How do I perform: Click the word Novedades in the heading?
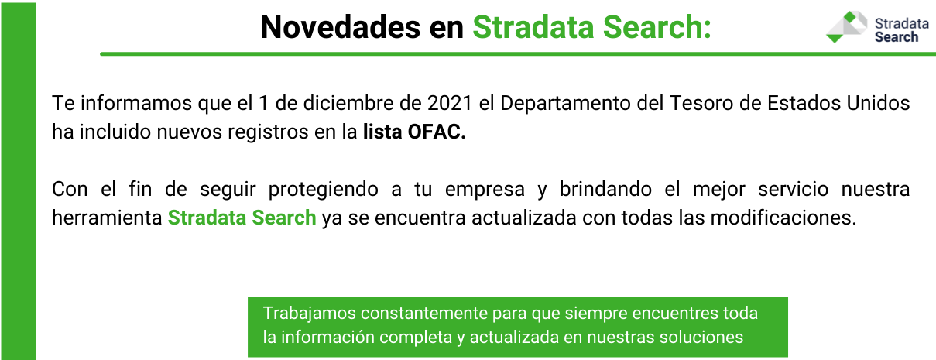[x=340, y=28]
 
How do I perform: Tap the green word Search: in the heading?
[x=657, y=28]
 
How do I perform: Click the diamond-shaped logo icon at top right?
[x=846, y=27]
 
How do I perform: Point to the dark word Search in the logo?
[x=897, y=37]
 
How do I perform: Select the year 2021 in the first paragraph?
[x=450, y=103]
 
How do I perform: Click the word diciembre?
[x=348, y=103]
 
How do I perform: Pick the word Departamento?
[x=565, y=104]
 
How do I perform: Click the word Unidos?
[x=879, y=103]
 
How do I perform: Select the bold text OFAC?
[x=437, y=132]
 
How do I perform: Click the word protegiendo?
[x=323, y=190]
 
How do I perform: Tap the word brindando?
[x=605, y=189]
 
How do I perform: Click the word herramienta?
[x=107, y=218]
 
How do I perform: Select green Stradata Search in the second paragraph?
[x=242, y=218]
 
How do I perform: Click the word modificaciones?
[x=783, y=218]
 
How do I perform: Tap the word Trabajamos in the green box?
[x=309, y=314]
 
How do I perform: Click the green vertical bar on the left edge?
[x=19, y=181]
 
